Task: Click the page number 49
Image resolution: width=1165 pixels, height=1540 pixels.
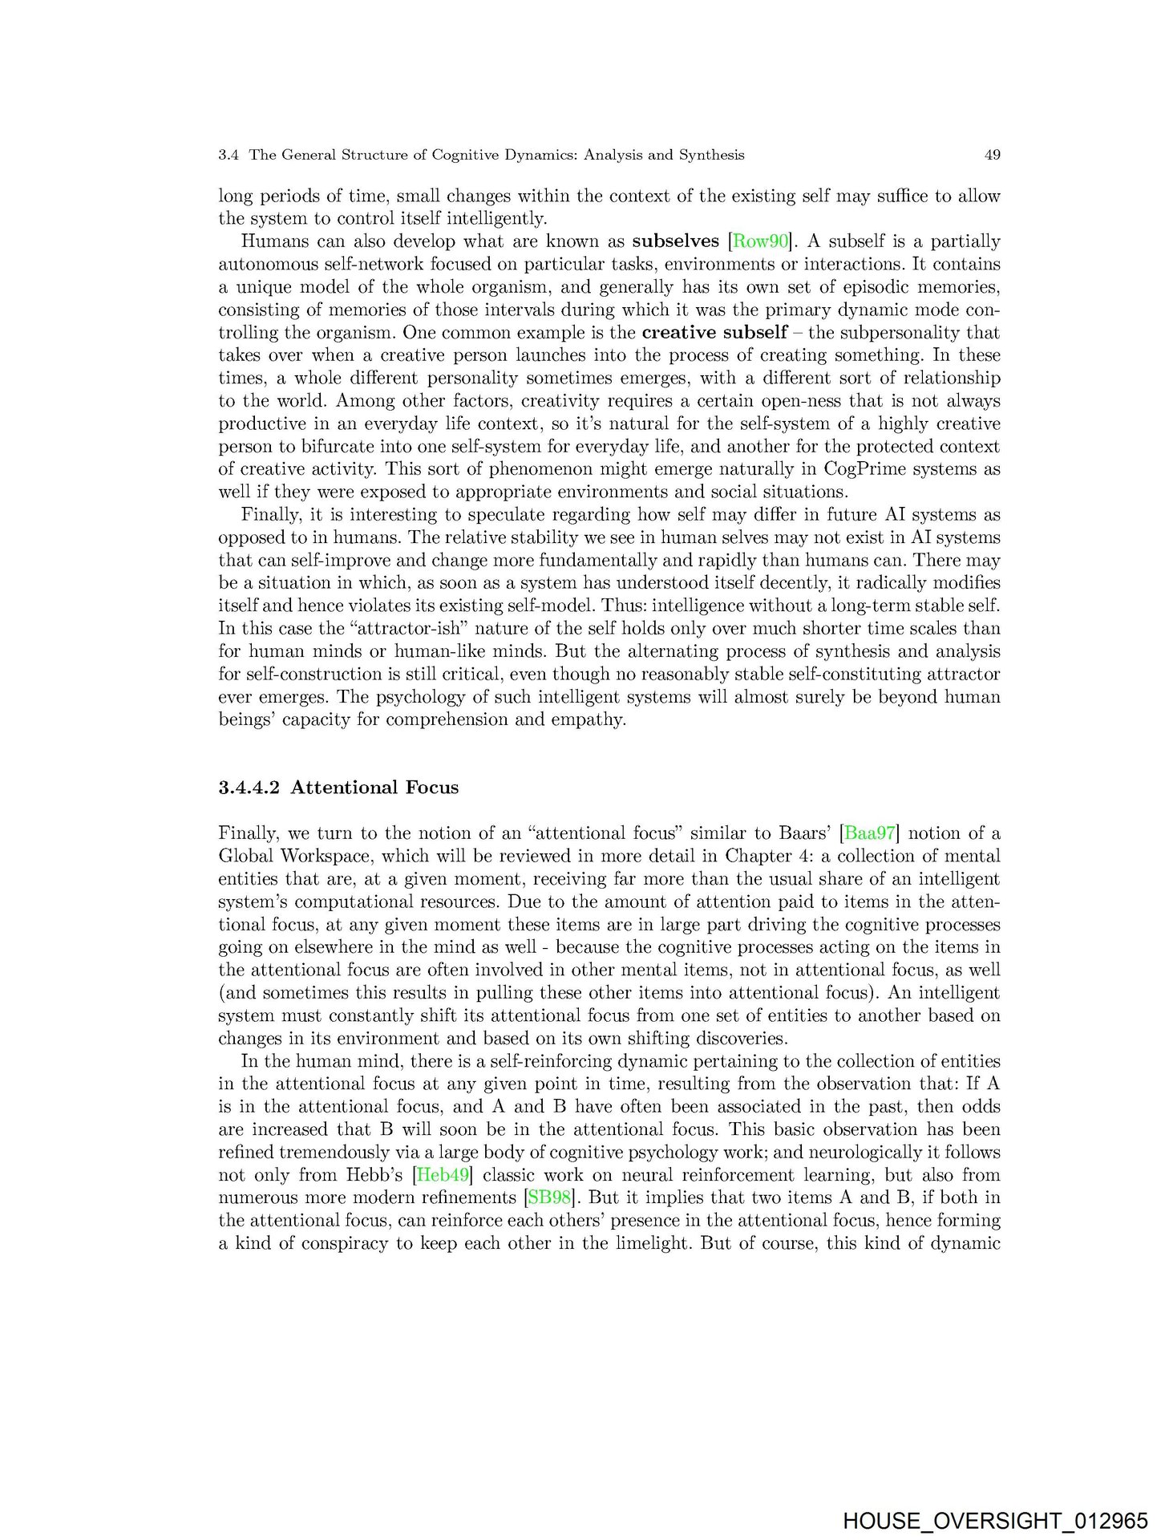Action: [992, 155]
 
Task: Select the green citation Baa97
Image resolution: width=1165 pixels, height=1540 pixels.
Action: [869, 833]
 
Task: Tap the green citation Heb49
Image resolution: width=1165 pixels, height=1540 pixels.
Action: [443, 1175]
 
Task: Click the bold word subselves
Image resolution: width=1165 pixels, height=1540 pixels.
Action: [675, 241]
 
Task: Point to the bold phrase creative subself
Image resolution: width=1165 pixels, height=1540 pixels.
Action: [714, 332]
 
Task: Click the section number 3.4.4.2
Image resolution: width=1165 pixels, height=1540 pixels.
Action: [249, 787]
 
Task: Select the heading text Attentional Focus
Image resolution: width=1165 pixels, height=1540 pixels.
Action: [374, 787]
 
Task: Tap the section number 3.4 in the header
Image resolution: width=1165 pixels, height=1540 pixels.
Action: [229, 155]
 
